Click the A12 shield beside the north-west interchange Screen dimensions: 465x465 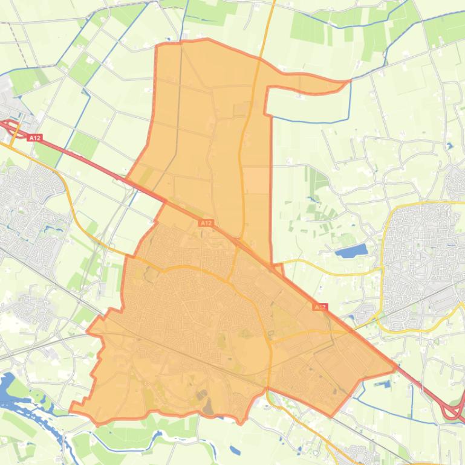pyautogui.click(x=34, y=138)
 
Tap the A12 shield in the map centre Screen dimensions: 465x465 pyautogui.click(x=206, y=223)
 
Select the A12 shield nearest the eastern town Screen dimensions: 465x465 pyautogui.click(x=320, y=307)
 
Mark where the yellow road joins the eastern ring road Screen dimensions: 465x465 pyautogui.click(x=382, y=271)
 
